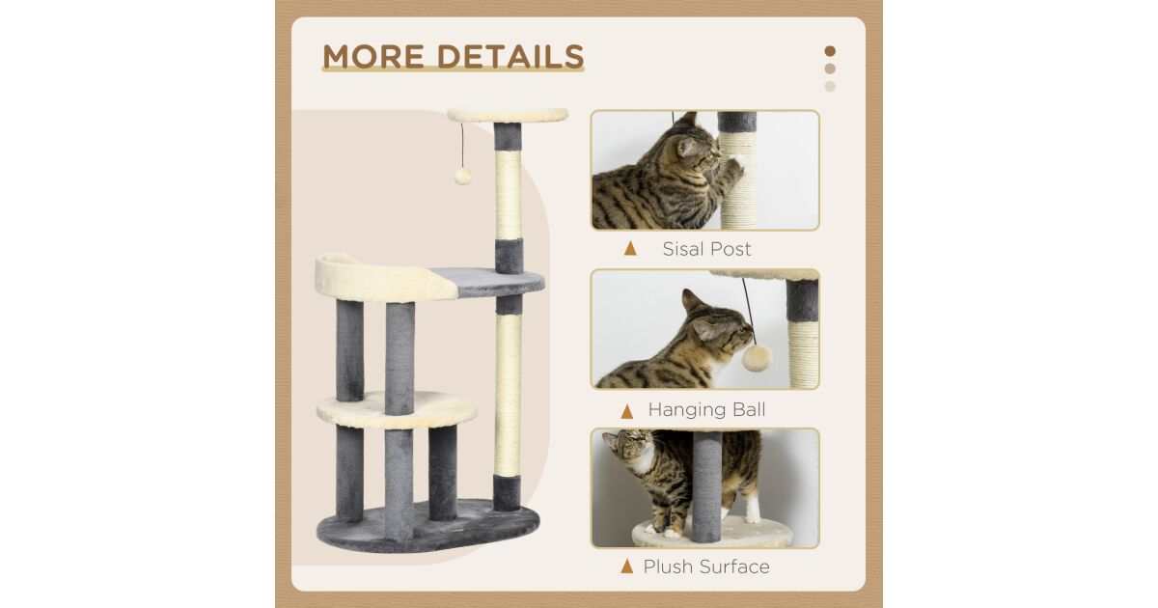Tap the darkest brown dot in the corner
pyautogui.click(x=830, y=51)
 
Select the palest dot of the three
pyautogui.click(x=830, y=86)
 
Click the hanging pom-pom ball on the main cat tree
pyautogui.click(x=462, y=176)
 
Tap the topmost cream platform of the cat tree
pyautogui.click(x=508, y=115)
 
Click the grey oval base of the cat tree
pyautogui.click(x=428, y=526)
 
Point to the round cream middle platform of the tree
pyautogui.click(x=397, y=409)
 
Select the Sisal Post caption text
pyautogui.click(x=706, y=249)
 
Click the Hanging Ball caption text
pyautogui.click(x=706, y=410)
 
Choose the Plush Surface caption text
pyautogui.click(x=706, y=567)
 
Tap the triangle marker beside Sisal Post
pyautogui.click(x=630, y=249)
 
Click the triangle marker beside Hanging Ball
pyautogui.click(x=627, y=411)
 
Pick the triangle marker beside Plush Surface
pyautogui.click(x=627, y=567)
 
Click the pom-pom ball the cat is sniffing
pyautogui.click(x=758, y=358)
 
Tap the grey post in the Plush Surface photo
pyautogui.click(x=706, y=486)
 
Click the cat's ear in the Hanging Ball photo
pyautogui.click(x=691, y=300)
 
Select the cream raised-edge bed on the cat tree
pyautogui.click(x=385, y=278)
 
